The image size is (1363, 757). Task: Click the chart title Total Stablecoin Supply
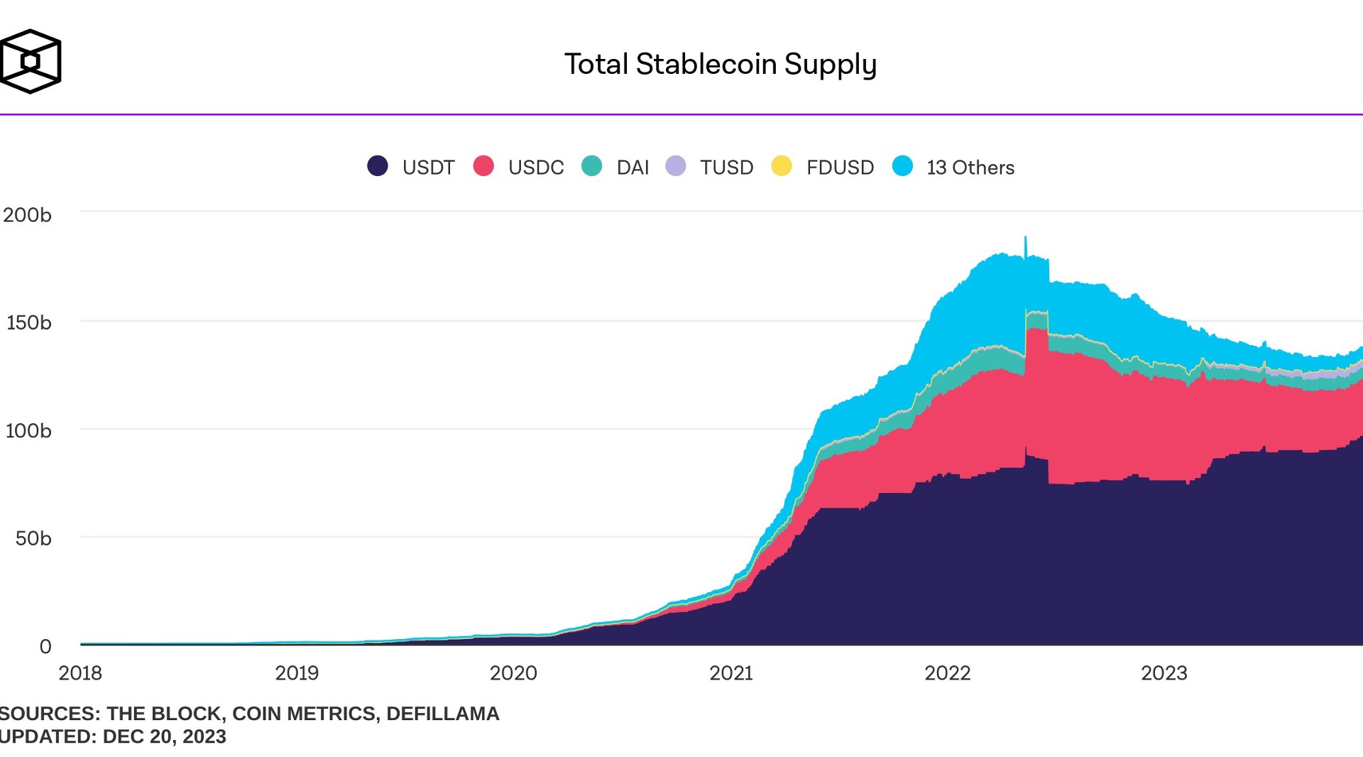721,64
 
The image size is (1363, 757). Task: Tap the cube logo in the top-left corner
31,61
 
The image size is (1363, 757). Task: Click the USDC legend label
535,167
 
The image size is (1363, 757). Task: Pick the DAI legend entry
632,167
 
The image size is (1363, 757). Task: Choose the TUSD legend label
726,167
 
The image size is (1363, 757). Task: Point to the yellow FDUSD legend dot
782,166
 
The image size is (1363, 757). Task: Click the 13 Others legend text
970,167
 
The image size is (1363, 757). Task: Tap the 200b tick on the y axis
27,214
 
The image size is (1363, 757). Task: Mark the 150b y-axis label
28,322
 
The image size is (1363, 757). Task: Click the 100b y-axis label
28,430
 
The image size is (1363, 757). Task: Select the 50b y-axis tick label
33,538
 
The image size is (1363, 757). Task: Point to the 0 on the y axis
45,646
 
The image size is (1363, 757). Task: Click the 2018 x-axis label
80,672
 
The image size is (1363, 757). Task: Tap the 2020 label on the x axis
513,672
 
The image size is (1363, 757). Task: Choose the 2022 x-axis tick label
947,672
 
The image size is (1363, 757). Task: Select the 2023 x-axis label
1164,672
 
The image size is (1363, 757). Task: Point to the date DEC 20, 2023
164,736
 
